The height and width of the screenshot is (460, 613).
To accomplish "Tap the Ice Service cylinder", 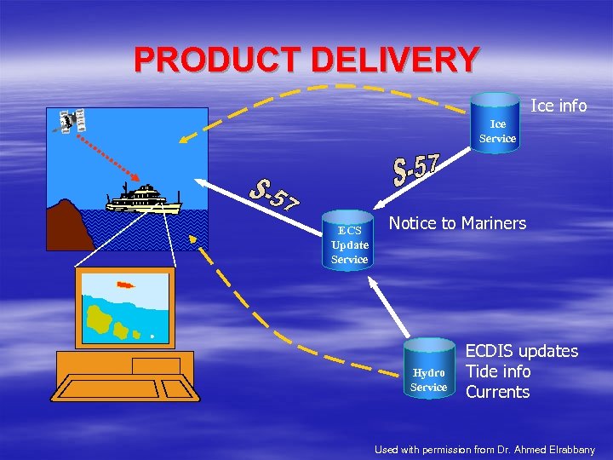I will click(x=496, y=124).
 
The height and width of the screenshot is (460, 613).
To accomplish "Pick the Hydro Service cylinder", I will click(x=428, y=375).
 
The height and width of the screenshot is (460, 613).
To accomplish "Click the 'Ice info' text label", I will click(x=559, y=106).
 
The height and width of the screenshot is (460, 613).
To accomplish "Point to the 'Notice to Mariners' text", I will click(x=457, y=223).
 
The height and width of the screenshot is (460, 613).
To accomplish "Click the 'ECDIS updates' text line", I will click(x=521, y=351).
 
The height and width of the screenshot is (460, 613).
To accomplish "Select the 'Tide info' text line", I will click(x=497, y=371).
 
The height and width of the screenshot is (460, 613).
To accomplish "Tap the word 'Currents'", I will click(x=497, y=392).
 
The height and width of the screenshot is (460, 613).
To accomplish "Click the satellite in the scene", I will click(x=71, y=121).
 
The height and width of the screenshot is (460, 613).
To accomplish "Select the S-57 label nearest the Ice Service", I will click(x=415, y=170).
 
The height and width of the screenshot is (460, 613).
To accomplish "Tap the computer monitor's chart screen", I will click(x=124, y=307).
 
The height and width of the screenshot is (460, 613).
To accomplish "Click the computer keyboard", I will click(x=125, y=389).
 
